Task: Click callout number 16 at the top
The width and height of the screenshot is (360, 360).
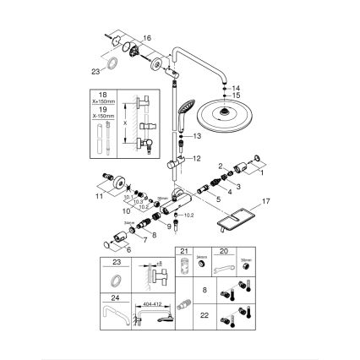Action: click(x=146, y=39)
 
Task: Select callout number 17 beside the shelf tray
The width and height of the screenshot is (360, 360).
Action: click(x=268, y=202)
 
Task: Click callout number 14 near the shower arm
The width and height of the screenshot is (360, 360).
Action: click(x=237, y=87)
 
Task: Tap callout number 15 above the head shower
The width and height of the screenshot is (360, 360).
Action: click(x=237, y=95)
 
